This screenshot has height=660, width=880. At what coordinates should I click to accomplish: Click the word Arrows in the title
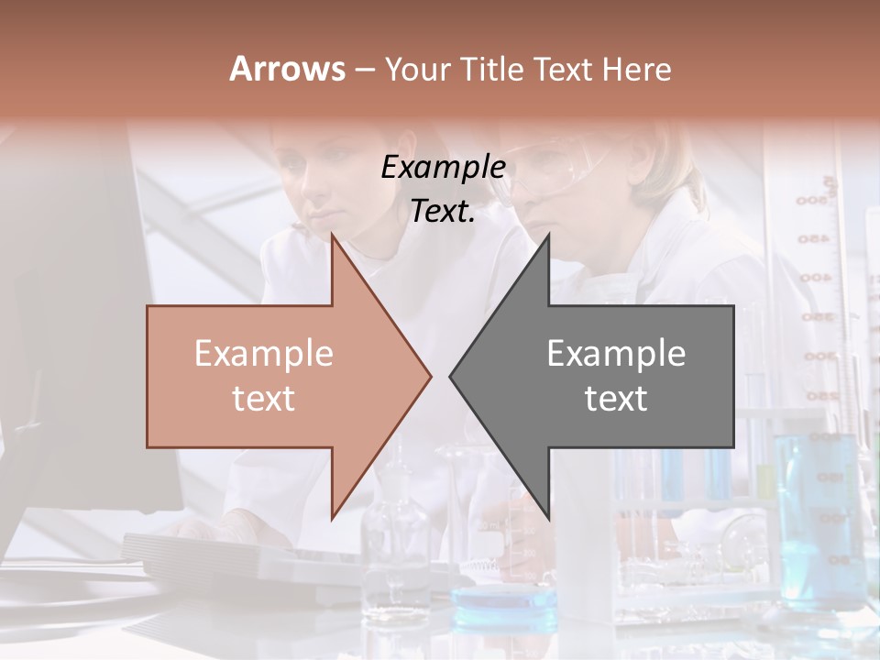(x=288, y=69)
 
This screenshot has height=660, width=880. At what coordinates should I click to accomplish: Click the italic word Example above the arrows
(x=444, y=169)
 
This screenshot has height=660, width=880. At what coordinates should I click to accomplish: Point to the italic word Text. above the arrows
(x=444, y=212)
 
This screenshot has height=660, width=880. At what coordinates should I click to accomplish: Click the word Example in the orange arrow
(x=264, y=354)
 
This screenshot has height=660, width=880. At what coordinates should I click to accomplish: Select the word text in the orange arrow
(x=264, y=399)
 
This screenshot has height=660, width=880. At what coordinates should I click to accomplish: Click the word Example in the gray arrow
(x=616, y=354)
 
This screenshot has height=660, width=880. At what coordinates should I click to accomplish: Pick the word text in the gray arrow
(x=616, y=399)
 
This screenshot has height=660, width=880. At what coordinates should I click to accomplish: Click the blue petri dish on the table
(x=504, y=600)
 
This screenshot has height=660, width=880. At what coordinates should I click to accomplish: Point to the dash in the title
(x=364, y=69)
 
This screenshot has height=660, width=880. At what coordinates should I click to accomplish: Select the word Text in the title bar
(x=563, y=69)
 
